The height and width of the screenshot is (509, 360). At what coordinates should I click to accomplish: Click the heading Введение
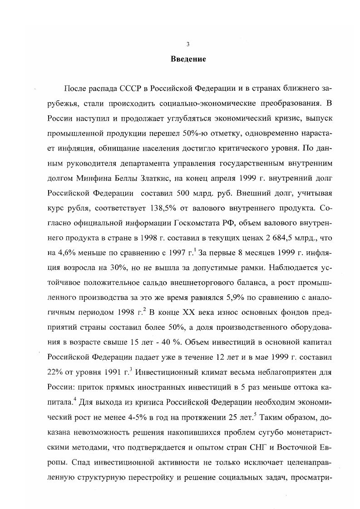click(188, 59)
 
